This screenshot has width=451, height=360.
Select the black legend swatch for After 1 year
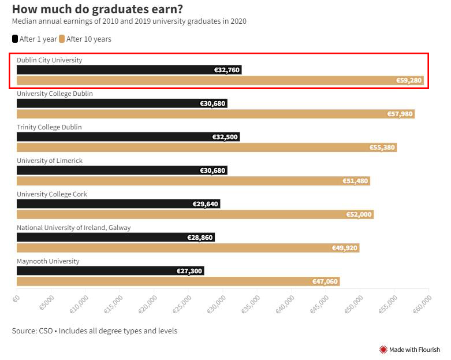[x=15, y=39]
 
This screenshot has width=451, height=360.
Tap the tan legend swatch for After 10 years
[x=61, y=39]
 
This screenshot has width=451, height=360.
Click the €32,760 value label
[x=226, y=70]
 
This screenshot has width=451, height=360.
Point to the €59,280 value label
[x=409, y=80]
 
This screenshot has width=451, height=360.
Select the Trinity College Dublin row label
[x=49, y=127]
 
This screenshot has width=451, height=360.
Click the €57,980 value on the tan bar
[x=400, y=114]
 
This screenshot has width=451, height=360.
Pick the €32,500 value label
[x=225, y=137]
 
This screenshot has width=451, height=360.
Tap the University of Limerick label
[x=50, y=161]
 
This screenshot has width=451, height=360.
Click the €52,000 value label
[x=359, y=214]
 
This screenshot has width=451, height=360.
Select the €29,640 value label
[x=206, y=204]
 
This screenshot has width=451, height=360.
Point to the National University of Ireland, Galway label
[x=74, y=228]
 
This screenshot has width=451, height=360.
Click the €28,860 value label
[x=200, y=237]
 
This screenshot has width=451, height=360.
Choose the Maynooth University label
[x=48, y=261]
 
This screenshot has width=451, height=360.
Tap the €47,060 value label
[x=325, y=281]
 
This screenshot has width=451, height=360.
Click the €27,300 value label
[x=189, y=271]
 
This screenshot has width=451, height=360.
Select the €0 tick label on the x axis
[x=16, y=298]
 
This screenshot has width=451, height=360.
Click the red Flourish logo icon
[x=383, y=350]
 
